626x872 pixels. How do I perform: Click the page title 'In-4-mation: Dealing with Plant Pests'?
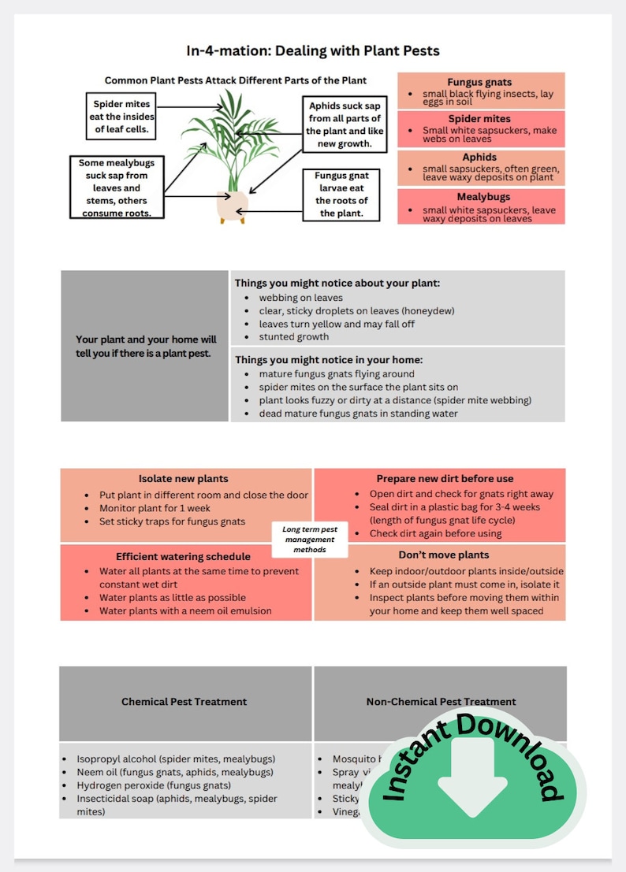pyautogui.click(x=313, y=51)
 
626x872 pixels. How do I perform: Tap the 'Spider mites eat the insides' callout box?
pyautogui.click(x=121, y=117)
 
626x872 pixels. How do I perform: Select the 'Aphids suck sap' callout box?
pyautogui.click(x=345, y=125)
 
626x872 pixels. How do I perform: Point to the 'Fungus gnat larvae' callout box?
pyautogui.click(x=341, y=195)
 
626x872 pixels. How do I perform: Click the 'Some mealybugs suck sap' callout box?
pyautogui.click(x=116, y=187)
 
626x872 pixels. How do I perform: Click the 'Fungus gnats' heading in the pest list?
pyautogui.click(x=479, y=82)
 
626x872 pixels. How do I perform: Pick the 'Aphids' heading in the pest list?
pyautogui.click(x=479, y=158)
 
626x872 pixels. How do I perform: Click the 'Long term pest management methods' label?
pyautogui.click(x=309, y=540)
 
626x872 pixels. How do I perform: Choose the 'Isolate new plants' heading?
pyautogui.click(x=183, y=478)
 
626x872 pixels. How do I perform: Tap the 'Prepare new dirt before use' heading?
pyautogui.click(x=445, y=478)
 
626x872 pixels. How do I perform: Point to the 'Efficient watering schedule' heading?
pyautogui.click(x=183, y=556)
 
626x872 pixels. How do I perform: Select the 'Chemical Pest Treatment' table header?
pyautogui.click(x=184, y=701)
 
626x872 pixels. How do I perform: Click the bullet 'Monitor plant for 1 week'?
pyautogui.click(x=155, y=508)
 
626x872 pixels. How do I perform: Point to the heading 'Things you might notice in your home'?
pyautogui.click(x=329, y=359)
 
